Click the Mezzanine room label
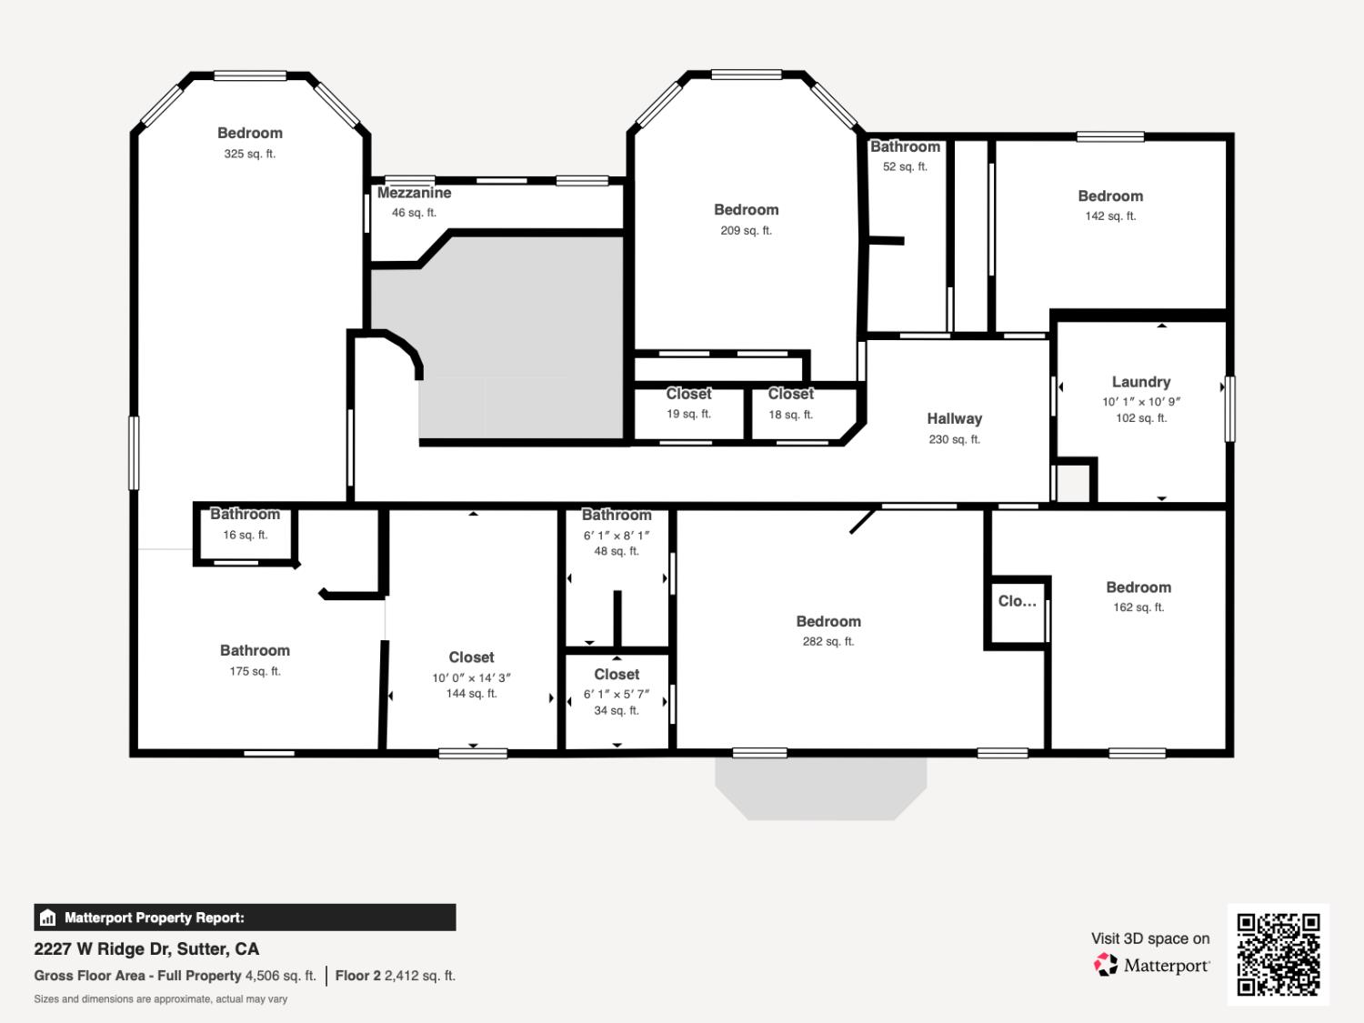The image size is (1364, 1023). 414,193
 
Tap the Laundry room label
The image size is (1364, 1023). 1140,382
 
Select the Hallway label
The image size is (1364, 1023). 954,418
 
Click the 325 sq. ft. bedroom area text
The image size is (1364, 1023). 249,154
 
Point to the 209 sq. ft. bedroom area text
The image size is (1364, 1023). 746,231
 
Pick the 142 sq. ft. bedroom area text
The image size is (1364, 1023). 1110,216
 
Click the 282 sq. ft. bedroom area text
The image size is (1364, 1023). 827,642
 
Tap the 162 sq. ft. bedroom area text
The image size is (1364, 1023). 1138,607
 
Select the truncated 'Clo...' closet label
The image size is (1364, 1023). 1017,601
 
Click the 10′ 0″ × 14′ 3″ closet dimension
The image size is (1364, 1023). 471,677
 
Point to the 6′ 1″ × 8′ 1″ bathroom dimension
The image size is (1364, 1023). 617,536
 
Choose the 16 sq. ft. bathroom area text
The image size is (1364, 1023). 245,535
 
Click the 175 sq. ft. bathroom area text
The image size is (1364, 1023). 255,671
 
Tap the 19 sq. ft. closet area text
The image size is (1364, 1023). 688,414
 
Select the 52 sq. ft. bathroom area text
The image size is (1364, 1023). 905,167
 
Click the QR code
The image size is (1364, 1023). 1278,954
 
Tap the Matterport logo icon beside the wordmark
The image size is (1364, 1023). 1106,965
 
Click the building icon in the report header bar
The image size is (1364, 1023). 48,918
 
